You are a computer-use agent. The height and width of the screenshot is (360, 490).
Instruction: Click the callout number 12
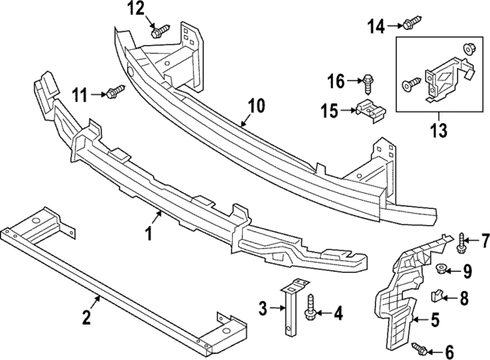[136, 9]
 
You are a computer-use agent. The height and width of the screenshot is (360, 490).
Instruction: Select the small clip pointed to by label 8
[440, 293]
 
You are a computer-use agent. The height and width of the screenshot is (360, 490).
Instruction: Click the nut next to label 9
[443, 269]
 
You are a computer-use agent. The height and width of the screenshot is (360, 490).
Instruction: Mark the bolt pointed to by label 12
[159, 31]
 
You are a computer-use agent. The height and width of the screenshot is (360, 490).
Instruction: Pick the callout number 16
[336, 80]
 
